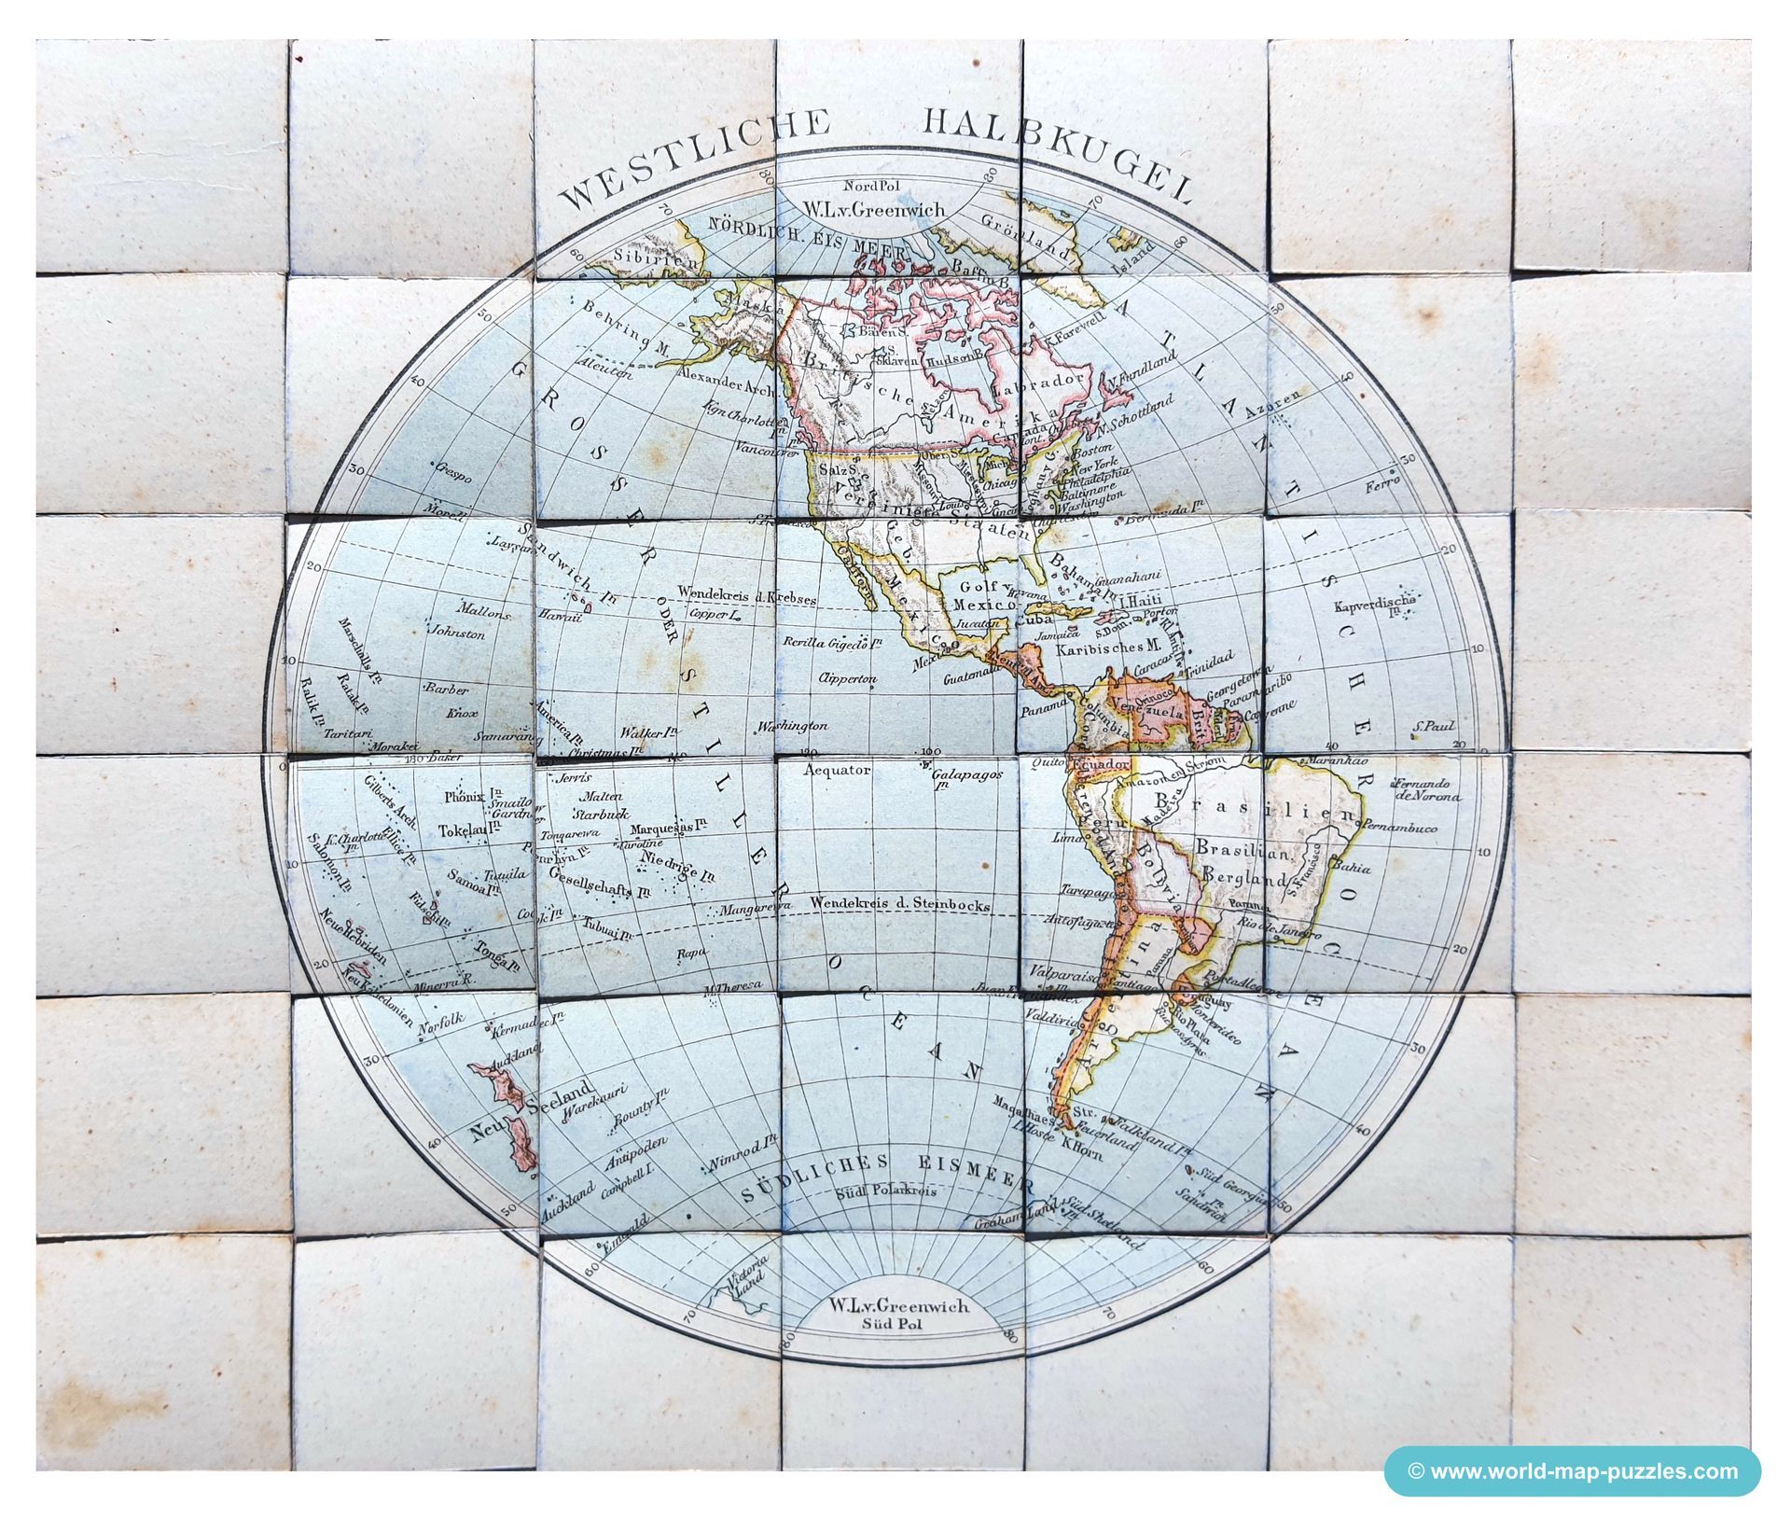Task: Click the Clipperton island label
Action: [x=847, y=678]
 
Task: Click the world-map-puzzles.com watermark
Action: [x=1573, y=1471]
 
